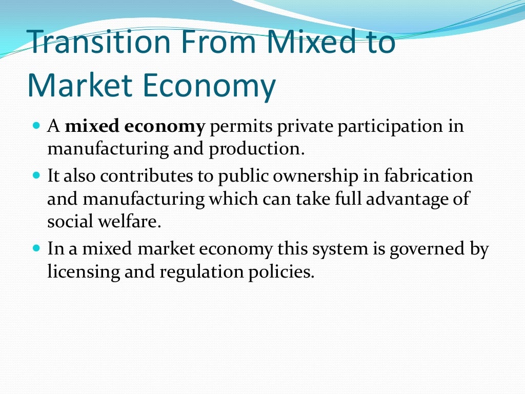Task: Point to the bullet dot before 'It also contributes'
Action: (36, 175)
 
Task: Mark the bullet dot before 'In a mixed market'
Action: (36, 247)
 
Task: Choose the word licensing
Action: (82, 272)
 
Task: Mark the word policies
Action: (280, 272)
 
